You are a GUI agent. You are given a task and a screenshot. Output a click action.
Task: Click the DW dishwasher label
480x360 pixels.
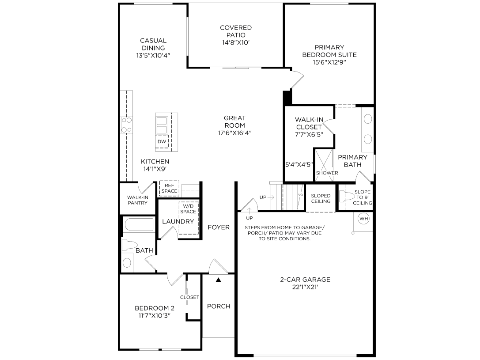(162, 141)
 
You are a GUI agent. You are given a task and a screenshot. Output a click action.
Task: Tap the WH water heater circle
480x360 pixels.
(364, 219)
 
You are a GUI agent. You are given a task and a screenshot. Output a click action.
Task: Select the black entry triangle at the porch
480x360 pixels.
(218, 280)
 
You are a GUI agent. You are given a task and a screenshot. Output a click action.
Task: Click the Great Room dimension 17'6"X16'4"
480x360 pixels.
(235, 133)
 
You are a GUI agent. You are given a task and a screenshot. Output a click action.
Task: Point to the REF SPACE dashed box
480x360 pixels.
(169, 188)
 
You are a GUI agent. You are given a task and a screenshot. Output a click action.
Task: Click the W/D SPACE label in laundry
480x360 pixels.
(188, 209)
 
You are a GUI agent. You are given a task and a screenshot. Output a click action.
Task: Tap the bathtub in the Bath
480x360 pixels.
(139, 224)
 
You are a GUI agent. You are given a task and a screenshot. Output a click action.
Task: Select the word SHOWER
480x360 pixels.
(327, 173)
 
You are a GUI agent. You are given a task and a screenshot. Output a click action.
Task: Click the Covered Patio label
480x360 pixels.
(236, 31)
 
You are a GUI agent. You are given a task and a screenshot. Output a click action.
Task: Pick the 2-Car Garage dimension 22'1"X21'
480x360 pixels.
(305, 287)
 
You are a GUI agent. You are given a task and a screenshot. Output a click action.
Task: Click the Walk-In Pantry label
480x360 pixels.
(137, 200)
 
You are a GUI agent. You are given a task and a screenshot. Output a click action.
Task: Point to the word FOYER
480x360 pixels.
(219, 227)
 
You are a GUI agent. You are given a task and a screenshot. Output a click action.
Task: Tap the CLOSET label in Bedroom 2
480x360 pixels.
(189, 297)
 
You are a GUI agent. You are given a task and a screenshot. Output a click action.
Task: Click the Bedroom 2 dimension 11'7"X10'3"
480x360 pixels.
(155, 316)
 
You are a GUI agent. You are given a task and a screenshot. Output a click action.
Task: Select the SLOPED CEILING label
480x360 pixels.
(321, 198)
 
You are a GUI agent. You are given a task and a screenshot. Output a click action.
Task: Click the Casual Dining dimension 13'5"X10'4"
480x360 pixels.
(153, 55)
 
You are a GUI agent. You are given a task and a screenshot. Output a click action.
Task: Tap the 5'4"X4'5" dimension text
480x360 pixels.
(299, 165)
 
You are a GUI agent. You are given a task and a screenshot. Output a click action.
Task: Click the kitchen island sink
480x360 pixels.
(162, 125)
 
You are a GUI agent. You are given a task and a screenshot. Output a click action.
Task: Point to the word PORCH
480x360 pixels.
(219, 306)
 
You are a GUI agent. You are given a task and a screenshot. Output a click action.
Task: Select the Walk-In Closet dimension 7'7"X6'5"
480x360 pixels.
(309, 134)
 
